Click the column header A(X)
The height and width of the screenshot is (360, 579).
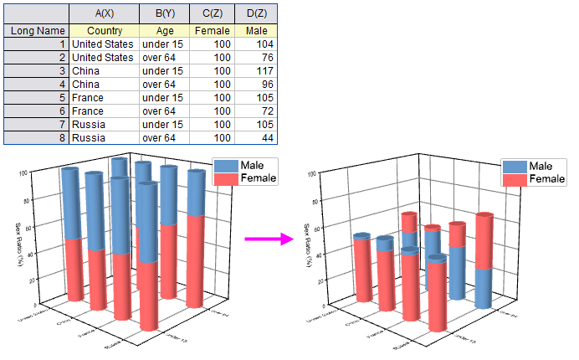point(103,13)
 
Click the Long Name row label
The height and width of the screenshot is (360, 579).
point(34,31)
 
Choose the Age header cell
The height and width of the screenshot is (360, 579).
point(163,31)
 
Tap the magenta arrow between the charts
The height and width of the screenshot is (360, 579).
point(268,239)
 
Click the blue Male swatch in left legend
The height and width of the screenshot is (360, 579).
point(226,166)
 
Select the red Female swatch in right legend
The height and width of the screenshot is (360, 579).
point(514,179)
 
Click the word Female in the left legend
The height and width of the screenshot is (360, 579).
point(259,178)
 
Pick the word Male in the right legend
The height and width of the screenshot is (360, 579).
point(541,167)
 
